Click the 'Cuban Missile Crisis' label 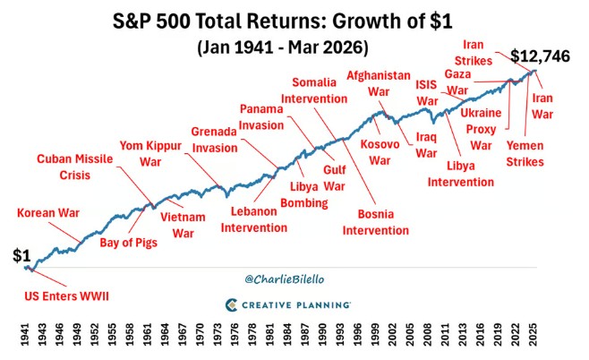click(74, 167)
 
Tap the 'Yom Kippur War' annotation click(150, 154)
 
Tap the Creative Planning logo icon click(231, 304)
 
